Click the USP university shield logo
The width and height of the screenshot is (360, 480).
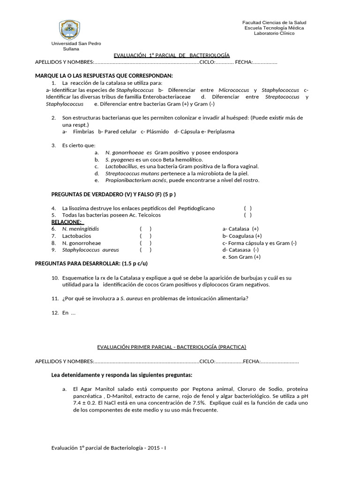click(69, 30)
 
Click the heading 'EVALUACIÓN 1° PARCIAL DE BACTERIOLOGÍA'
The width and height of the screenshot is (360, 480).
click(172, 55)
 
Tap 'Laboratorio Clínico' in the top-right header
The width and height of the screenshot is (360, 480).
click(274, 33)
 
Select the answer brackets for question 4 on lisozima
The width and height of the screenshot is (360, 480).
click(247, 208)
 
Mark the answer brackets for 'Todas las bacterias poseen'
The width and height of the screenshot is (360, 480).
click(247, 215)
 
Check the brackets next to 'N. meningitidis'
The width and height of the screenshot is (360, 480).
click(145, 229)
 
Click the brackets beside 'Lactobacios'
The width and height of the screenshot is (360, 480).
click(145, 236)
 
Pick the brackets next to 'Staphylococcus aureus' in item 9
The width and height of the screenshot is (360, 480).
click(145, 250)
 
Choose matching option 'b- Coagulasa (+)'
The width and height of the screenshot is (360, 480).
click(242, 236)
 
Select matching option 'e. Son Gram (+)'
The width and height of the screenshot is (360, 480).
click(241, 257)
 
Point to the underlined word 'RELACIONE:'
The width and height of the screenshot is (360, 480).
click(66, 222)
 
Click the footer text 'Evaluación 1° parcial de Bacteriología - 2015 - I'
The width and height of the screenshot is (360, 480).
click(108, 448)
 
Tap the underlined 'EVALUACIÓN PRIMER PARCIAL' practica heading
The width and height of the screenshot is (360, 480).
click(171, 347)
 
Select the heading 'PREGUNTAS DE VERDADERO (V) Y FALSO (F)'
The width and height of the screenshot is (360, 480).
click(113, 194)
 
